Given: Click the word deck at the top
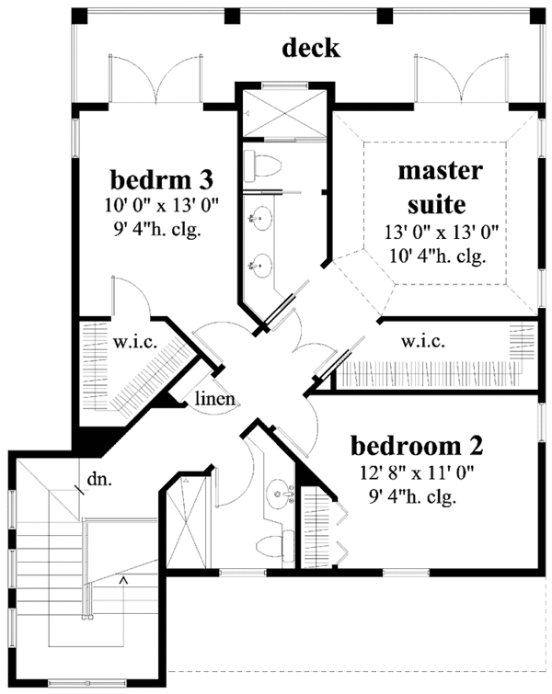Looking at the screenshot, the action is tap(311, 48).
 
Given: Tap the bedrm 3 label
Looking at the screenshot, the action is tap(162, 179).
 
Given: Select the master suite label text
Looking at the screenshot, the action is tap(439, 188).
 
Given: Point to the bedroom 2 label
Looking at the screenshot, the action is tap(417, 446).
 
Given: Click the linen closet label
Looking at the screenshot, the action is tap(215, 398).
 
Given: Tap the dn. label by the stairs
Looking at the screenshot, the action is tap(99, 479).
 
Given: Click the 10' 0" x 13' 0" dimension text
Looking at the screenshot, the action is tap(162, 205).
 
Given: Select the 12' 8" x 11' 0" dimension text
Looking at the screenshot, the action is tap(417, 473).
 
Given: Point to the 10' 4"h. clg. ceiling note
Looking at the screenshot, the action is tap(438, 256).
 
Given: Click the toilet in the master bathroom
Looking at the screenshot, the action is tap(263, 165).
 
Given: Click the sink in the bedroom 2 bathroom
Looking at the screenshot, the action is tap(282, 493).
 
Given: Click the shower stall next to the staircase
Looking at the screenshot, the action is tap(187, 521).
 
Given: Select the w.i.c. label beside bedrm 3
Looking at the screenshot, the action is tap(135, 343).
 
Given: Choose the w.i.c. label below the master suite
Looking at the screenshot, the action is tap(422, 341).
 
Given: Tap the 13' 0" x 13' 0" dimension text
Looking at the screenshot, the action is tap(442, 232).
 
